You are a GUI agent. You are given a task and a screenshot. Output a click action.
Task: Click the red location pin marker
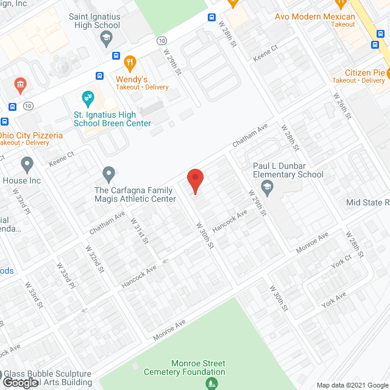pos(194,181)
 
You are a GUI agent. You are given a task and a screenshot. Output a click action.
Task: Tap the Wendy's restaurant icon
pos(129,62)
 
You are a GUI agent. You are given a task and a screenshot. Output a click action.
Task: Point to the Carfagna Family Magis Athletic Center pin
pos(109,174)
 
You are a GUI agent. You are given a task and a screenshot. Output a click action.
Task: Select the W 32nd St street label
pos(95,258)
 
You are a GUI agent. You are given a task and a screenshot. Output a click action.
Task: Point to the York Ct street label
pos(341,261)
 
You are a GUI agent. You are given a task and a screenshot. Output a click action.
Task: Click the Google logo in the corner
pos(20,382)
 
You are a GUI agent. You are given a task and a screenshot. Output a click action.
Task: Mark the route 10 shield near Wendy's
pos(161,40)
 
